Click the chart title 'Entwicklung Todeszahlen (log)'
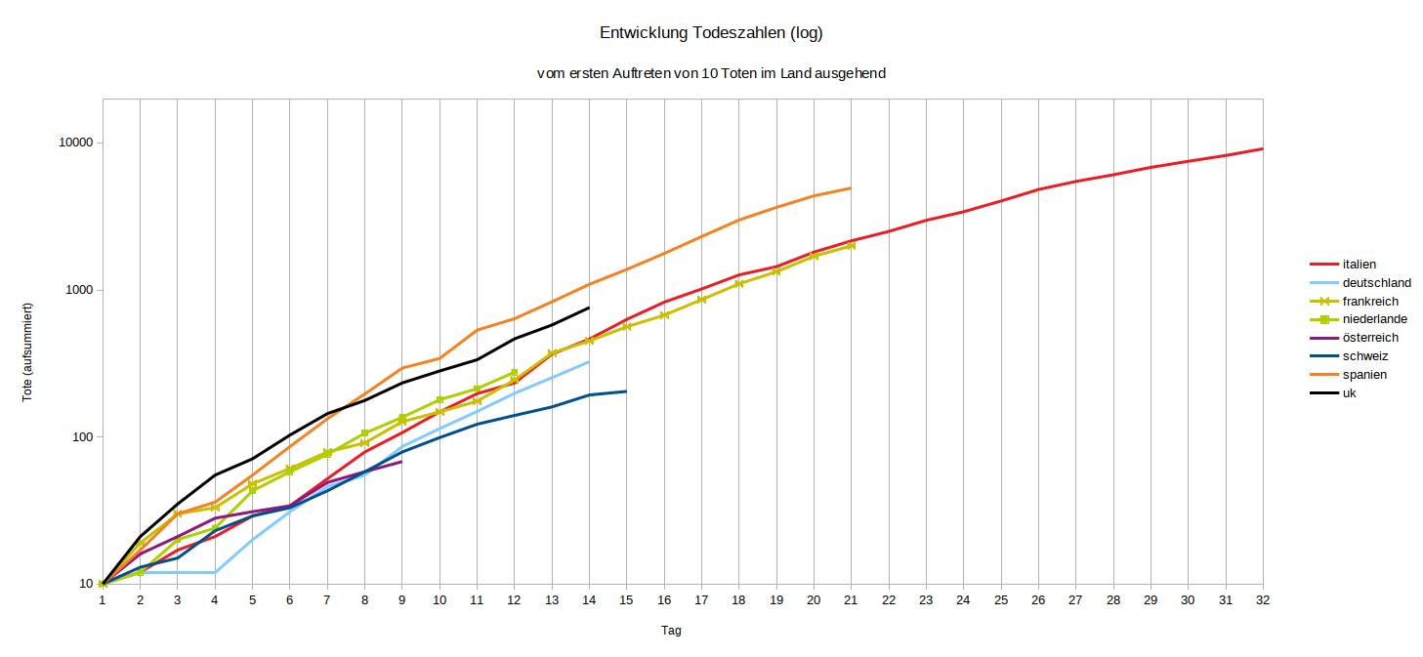[x=711, y=33]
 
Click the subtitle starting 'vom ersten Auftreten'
[x=711, y=73]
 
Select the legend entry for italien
[x=1359, y=265]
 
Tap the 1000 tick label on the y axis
[x=79, y=290]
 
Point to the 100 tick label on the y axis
[x=82, y=437]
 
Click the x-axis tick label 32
[x=1262, y=600]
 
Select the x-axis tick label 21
[x=851, y=600]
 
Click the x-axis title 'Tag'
[x=671, y=631]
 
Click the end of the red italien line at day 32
[x=1262, y=149]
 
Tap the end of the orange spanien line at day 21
[x=851, y=188]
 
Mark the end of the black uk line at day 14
[x=589, y=308]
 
